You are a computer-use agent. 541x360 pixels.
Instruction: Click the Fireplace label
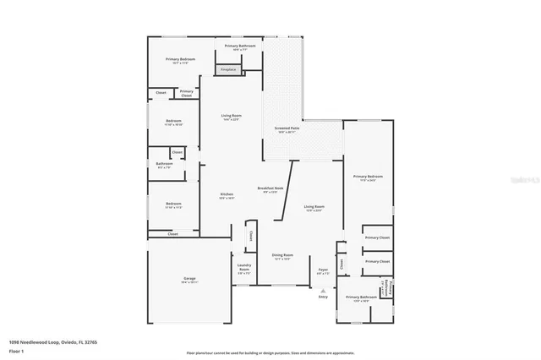(x=227, y=69)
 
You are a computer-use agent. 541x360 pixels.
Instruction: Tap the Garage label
(x=189, y=280)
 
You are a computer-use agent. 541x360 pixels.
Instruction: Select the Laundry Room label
(x=243, y=270)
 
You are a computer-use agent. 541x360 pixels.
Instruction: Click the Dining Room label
(x=282, y=255)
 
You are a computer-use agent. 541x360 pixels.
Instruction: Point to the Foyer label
(x=323, y=270)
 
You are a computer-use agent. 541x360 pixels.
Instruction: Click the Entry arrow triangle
(x=323, y=290)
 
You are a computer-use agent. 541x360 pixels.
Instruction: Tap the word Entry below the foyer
(x=323, y=297)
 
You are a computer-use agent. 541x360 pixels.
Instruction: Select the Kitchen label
(x=227, y=194)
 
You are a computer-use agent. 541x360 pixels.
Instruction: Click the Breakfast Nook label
(x=268, y=188)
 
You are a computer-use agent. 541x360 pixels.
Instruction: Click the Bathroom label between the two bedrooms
(x=164, y=164)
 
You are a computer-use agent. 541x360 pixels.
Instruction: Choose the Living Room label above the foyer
(x=314, y=207)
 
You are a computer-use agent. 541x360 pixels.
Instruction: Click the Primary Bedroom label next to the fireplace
(x=180, y=59)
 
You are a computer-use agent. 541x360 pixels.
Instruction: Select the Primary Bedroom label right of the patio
(x=368, y=177)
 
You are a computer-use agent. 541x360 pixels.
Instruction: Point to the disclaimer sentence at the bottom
(x=270, y=352)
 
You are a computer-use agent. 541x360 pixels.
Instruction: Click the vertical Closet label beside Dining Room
(x=250, y=236)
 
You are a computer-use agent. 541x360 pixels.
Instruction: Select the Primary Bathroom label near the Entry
(x=361, y=297)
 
